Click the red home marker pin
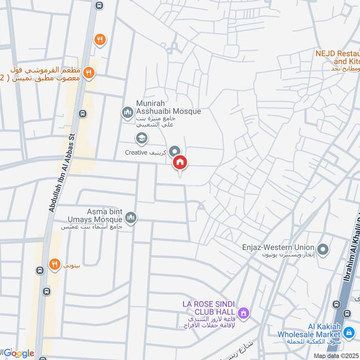tap(180, 162)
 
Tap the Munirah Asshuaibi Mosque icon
tap(127, 111)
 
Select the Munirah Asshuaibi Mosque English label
tap(168, 107)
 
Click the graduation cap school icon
tap(141, 139)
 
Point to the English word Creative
tap(136, 153)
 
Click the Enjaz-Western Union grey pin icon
tap(323, 249)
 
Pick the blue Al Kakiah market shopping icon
tap(347, 333)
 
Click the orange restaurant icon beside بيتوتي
tap(55, 264)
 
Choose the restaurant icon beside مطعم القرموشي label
tap(90, 72)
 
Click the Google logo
tap(19, 353)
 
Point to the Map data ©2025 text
tap(337, 355)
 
